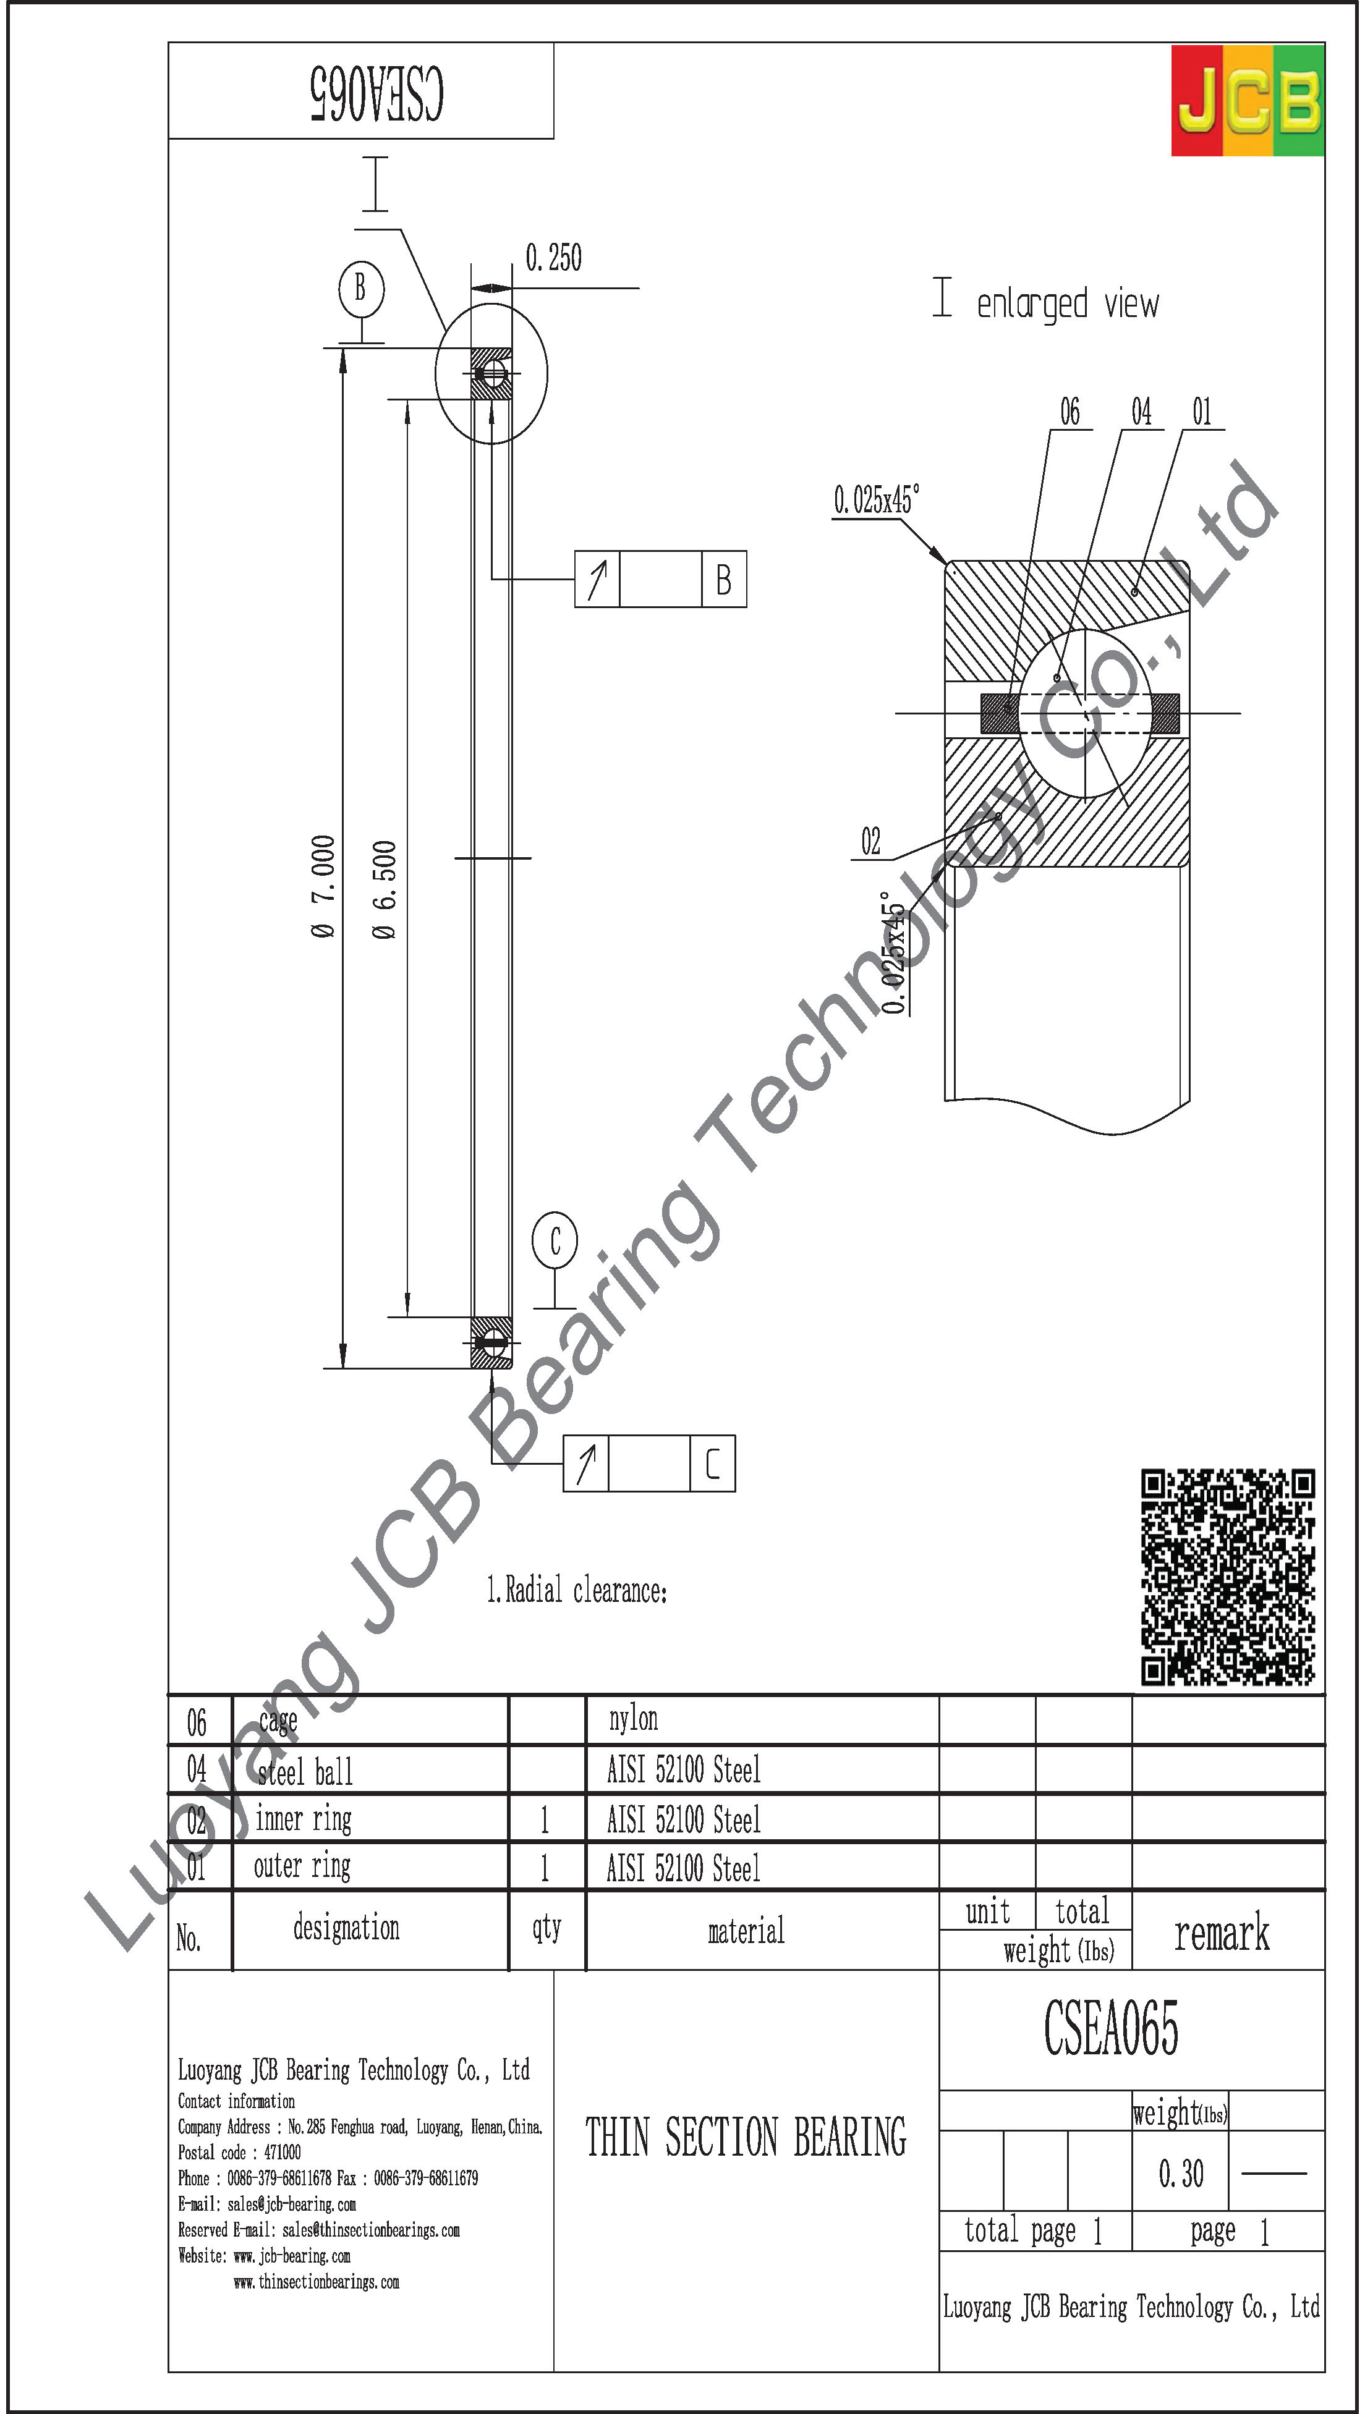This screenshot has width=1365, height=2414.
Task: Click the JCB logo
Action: click(1247, 100)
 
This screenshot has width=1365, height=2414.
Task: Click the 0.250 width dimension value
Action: click(553, 258)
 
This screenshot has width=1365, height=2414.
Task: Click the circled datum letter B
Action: click(361, 288)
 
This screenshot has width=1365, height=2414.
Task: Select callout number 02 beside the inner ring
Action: click(871, 841)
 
